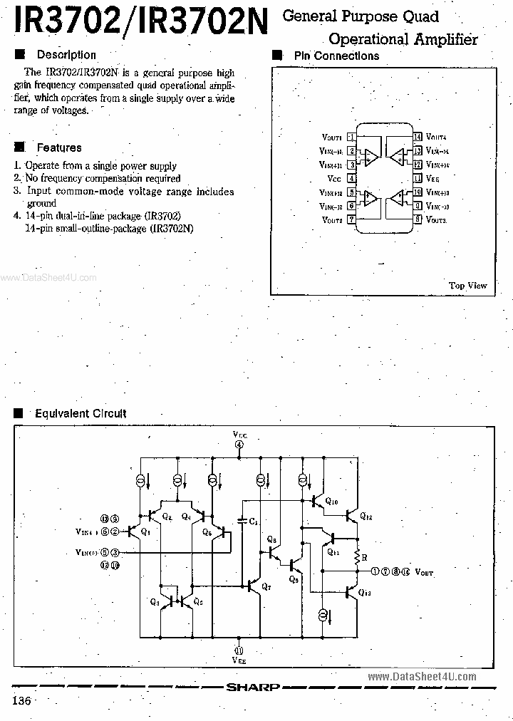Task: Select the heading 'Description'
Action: coord(66,55)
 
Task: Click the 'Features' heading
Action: coord(59,147)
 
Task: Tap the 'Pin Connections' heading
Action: coord(336,56)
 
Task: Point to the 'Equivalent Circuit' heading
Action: coord(81,413)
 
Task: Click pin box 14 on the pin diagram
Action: coord(418,137)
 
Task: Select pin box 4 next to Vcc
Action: coord(352,178)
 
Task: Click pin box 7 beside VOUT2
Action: coord(352,219)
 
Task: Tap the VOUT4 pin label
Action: coord(436,137)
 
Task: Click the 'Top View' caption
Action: coord(467,286)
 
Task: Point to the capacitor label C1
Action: coord(254,522)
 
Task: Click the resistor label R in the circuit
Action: coord(364,557)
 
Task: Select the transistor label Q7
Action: coord(266,586)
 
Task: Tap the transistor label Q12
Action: coord(366,516)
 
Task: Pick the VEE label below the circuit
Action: coord(239,660)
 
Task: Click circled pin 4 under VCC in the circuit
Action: coord(239,445)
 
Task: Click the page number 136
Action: coord(21,701)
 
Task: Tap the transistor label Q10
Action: coord(331,502)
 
